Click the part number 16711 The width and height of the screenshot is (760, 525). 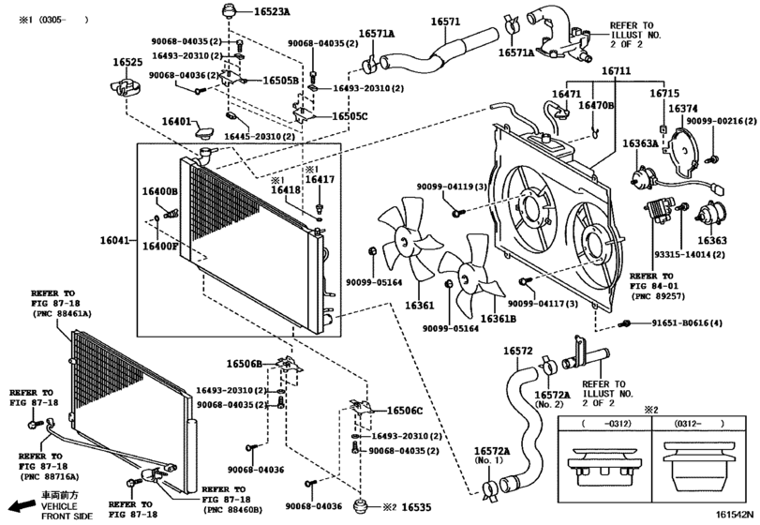coord(616,71)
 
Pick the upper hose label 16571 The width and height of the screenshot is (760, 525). coord(445,21)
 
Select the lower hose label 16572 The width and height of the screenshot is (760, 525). coord(518,352)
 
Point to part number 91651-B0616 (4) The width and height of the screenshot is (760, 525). coord(675,323)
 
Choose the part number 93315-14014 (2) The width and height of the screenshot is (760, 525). coord(681,254)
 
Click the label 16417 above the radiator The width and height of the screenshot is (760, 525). coord(320,178)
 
